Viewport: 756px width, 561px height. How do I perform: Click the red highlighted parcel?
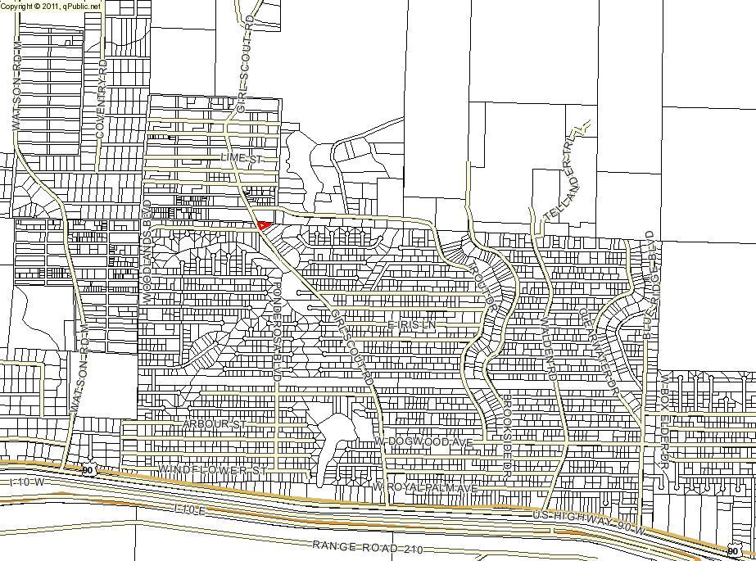pyautogui.click(x=264, y=224)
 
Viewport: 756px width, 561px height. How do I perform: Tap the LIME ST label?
pyautogui.click(x=240, y=157)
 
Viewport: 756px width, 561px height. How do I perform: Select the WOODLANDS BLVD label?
pyautogui.click(x=148, y=251)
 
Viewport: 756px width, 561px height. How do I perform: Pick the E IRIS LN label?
pyautogui.click(x=411, y=326)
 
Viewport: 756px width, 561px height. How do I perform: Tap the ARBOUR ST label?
pyautogui.click(x=215, y=425)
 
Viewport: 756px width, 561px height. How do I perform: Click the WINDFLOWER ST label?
pyautogui.click(x=212, y=471)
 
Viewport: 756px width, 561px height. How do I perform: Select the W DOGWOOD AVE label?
pyautogui.click(x=424, y=441)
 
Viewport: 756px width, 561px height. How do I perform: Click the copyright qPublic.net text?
pyautogui.click(x=51, y=6)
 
